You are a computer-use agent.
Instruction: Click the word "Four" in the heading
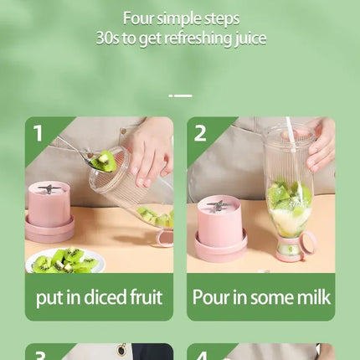pyautogui.click(x=139, y=18)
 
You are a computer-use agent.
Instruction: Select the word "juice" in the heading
pyautogui.click(x=247, y=39)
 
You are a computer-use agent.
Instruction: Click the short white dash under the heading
pyautogui.click(x=180, y=95)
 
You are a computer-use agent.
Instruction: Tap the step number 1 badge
pyautogui.click(x=39, y=133)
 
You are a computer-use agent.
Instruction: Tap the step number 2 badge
pyautogui.click(x=200, y=133)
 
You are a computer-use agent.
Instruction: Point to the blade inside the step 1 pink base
pyautogui.click(x=50, y=189)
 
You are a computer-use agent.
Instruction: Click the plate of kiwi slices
pyautogui.click(x=67, y=261)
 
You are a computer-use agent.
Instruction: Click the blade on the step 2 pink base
pyautogui.click(x=220, y=204)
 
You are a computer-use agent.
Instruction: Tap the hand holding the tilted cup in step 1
pyautogui.click(x=151, y=151)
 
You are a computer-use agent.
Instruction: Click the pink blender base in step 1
pyautogui.click(x=49, y=213)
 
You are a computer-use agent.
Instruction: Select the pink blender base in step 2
pyautogui.click(x=220, y=230)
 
